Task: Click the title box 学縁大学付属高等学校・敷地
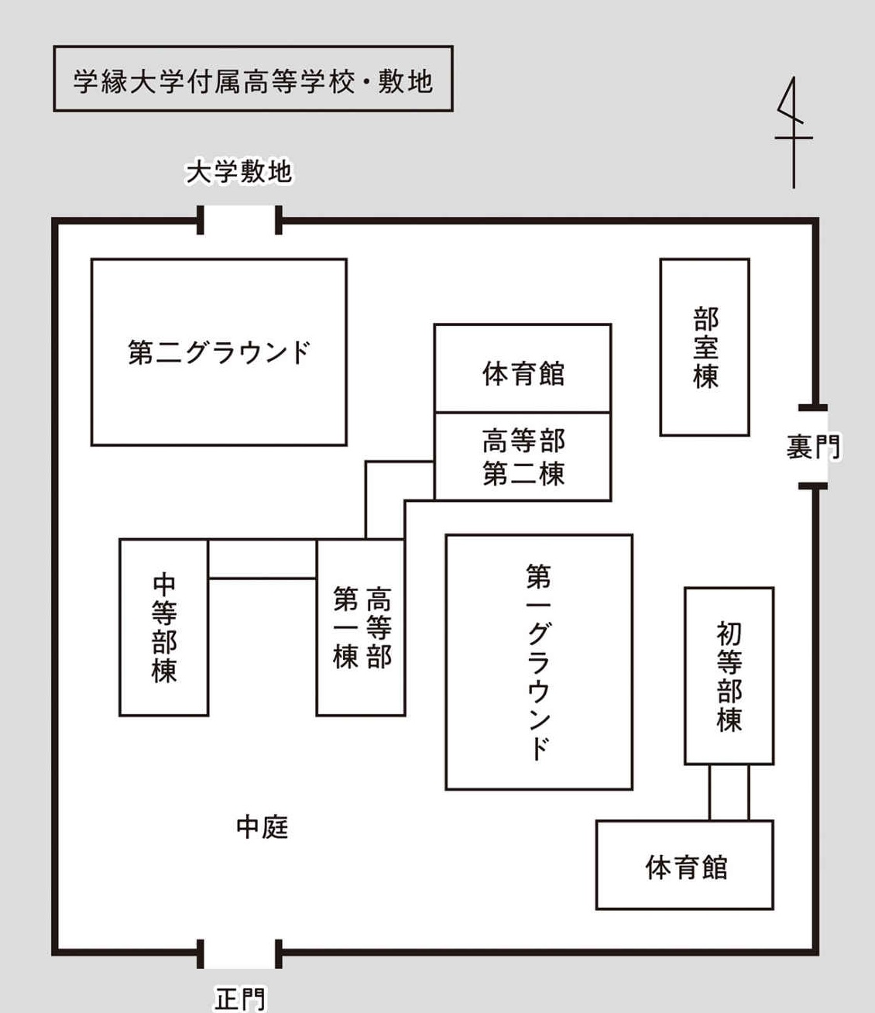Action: click(252, 79)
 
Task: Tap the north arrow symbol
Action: click(793, 132)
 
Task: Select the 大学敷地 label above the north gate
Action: click(239, 172)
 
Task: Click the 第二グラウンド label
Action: click(219, 353)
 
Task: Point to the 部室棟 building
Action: click(705, 347)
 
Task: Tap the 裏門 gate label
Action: click(812, 447)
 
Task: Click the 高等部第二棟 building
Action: click(523, 457)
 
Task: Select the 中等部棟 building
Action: click(164, 627)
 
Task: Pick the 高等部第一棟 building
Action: click(361, 627)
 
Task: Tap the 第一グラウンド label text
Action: click(539, 662)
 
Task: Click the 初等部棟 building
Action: click(729, 676)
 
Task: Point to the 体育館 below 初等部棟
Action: click(685, 865)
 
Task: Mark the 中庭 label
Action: click(262, 827)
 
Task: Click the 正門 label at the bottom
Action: click(239, 999)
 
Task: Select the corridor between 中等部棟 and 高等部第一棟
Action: click(262, 559)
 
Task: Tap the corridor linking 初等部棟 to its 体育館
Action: click(729, 792)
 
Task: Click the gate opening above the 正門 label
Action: click(239, 953)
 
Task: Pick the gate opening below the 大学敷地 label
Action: click(239, 220)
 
